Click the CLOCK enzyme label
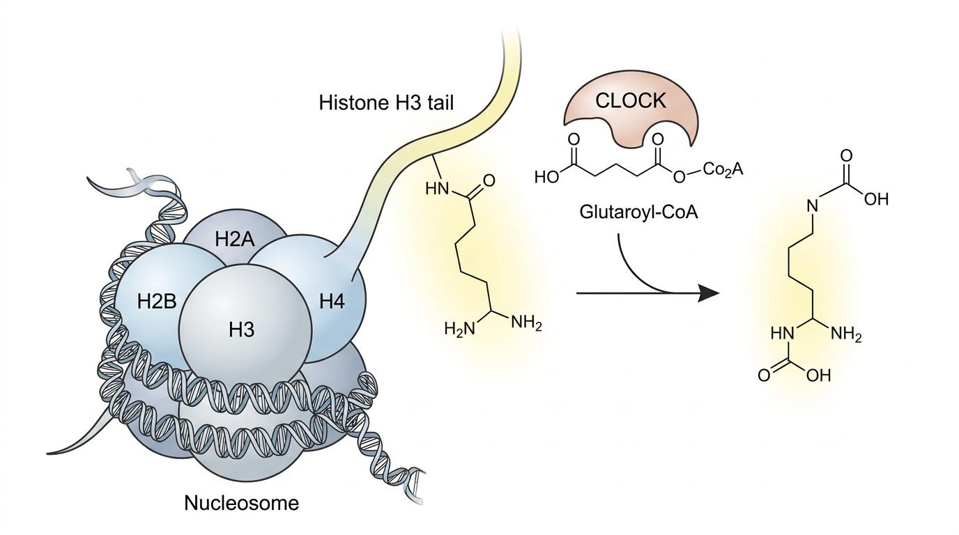[x=631, y=101]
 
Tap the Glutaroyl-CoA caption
[x=638, y=211]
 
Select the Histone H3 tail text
[x=386, y=103]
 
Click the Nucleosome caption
[x=241, y=502]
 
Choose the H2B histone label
[x=158, y=302]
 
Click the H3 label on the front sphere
[x=242, y=329]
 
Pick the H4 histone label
[x=332, y=302]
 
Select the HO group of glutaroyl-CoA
[x=548, y=177]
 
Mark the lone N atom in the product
[x=811, y=206]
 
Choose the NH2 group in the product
[x=847, y=336]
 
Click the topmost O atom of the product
[x=847, y=155]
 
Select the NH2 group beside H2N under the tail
[x=526, y=323]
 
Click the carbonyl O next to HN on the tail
[x=489, y=181]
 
